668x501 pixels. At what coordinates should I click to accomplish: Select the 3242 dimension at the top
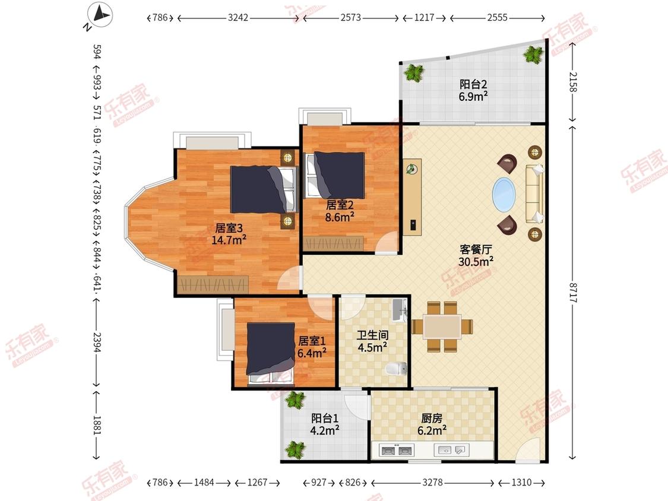(238, 17)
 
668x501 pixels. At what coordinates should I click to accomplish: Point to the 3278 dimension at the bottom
(432, 482)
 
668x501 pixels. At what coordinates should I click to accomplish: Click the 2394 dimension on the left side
(97, 343)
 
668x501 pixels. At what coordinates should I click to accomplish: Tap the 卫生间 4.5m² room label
(372, 341)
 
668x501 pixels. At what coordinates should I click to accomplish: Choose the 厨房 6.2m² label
(432, 424)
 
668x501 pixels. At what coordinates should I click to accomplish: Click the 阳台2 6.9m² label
(473, 90)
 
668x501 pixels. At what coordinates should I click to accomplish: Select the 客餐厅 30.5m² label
(476, 255)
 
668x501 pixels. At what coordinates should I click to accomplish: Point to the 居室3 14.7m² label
(229, 234)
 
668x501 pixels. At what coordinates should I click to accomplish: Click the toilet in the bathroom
(397, 369)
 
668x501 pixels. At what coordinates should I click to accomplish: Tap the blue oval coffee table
(504, 195)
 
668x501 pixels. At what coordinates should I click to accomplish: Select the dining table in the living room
(442, 326)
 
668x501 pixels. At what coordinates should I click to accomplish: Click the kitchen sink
(451, 450)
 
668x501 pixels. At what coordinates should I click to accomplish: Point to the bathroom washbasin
(400, 310)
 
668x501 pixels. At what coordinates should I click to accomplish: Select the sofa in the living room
(534, 194)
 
